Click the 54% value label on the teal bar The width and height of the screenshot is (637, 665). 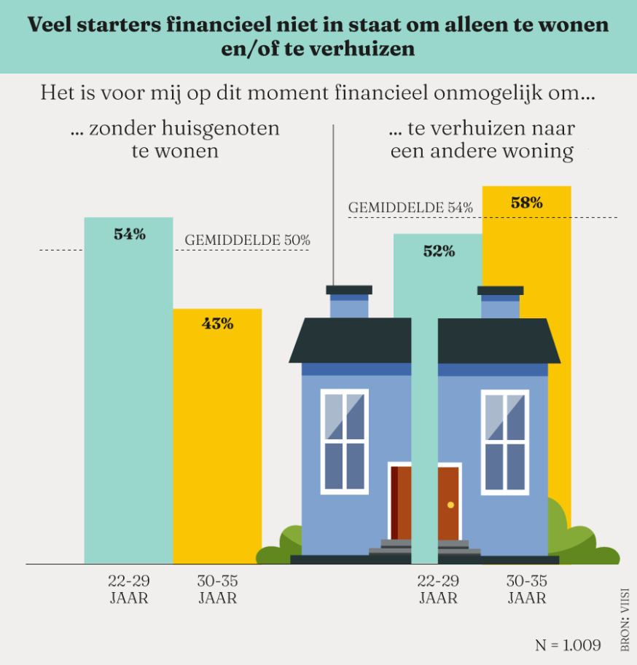coord(130,235)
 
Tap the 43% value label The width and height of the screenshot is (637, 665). coord(217,324)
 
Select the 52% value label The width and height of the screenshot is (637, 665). coord(439,251)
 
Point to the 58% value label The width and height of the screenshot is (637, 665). coord(527,203)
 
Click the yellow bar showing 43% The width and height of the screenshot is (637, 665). coord(217,437)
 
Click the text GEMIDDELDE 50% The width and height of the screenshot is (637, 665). coord(248,240)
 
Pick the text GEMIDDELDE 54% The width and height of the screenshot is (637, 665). coord(411,208)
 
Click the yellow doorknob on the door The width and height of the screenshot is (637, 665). coord(450,505)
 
